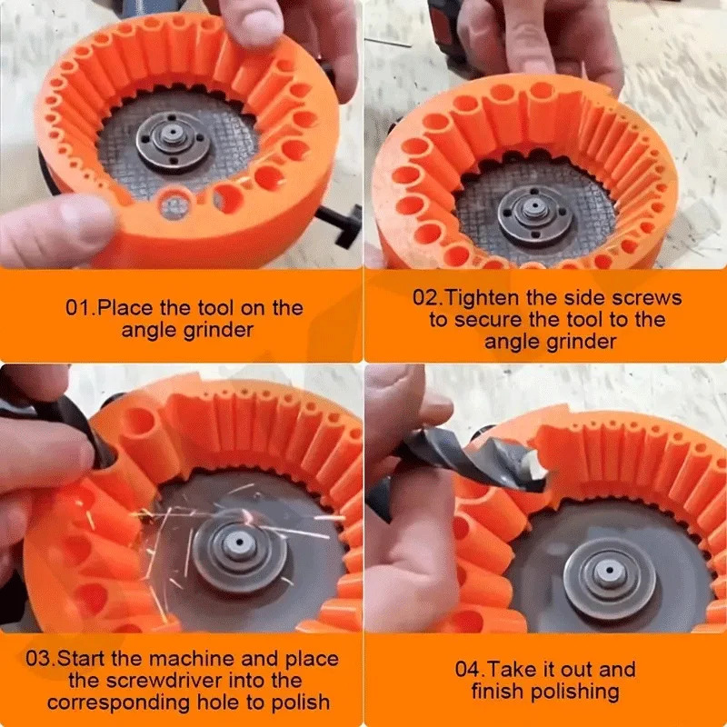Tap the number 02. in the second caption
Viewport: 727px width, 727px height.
click(x=428, y=298)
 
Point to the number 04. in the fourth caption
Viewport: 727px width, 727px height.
click(x=470, y=670)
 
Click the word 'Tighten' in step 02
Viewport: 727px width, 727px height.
click(x=487, y=298)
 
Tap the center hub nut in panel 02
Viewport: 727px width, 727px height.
click(x=534, y=210)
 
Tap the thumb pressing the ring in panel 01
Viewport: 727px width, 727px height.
click(x=55, y=223)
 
